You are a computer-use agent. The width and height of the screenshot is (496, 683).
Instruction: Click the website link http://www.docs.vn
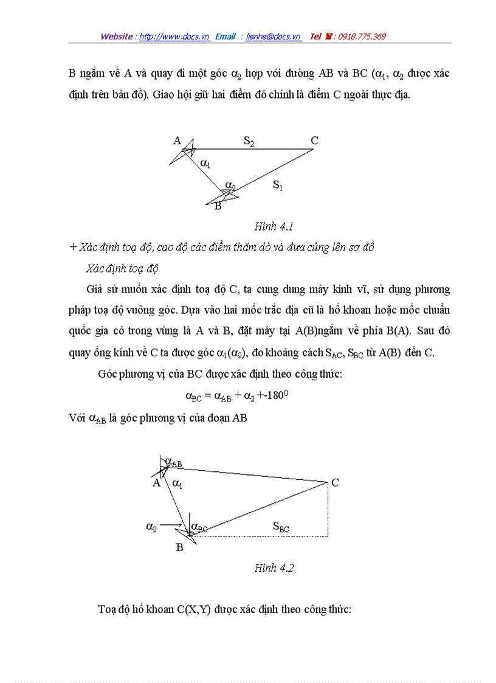pyautogui.click(x=174, y=36)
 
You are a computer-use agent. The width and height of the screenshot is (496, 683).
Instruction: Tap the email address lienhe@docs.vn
pyautogui.click(x=274, y=36)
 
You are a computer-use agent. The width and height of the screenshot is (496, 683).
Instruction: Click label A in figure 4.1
pyautogui.click(x=177, y=140)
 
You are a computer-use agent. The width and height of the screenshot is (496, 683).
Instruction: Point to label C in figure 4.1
pyautogui.click(x=314, y=140)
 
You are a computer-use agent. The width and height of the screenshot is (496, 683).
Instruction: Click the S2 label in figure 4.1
pyautogui.click(x=249, y=141)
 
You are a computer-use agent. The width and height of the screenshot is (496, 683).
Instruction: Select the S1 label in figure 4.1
pyautogui.click(x=278, y=185)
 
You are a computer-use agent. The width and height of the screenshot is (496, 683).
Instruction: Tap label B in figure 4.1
pyautogui.click(x=218, y=206)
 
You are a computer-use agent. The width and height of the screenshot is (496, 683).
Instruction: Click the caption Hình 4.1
pyautogui.click(x=274, y=226)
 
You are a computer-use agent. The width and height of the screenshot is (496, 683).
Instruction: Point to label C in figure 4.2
pyautogui.click(x=335, y=483)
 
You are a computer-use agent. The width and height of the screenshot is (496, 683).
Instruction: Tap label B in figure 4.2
pyautogui.click(x=179, y=547)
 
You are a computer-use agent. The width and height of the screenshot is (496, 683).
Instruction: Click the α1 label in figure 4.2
pyautogui.click(x=177, y=484)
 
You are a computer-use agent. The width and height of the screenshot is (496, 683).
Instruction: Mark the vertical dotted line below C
pyautogui.click(x=328, y=511)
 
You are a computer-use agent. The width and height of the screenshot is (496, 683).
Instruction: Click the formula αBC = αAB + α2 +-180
pyautogui.click(x=236, y=396)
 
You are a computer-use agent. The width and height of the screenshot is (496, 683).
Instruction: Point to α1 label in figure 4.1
pyautogui.click(x=205, y=163)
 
